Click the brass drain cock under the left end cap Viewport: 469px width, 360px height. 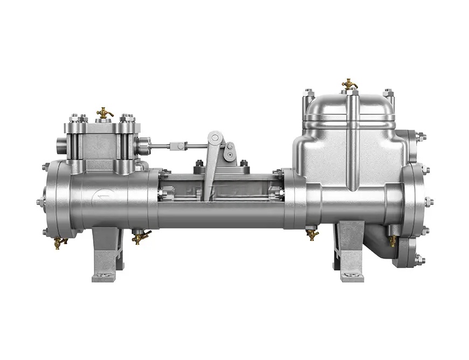pos(59,241)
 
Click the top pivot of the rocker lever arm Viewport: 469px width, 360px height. pos(215,137)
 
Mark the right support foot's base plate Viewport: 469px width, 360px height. pos(350,275)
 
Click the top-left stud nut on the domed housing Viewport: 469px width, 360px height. pos(308,93)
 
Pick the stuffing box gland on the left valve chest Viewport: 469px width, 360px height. pos(142,144)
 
